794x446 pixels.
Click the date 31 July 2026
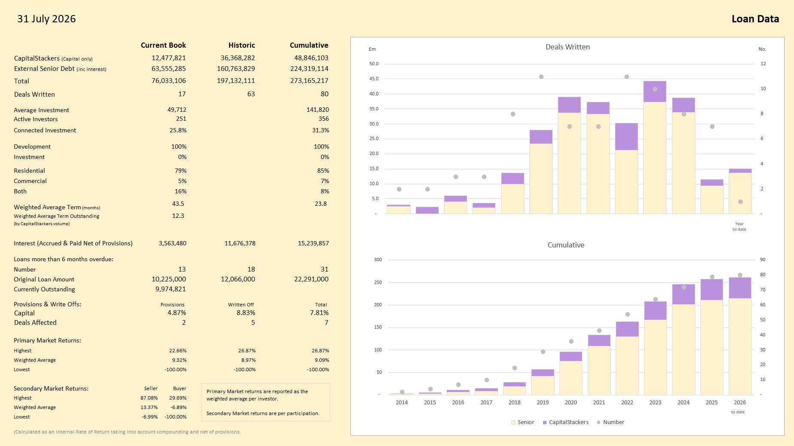click(x=46, y=19)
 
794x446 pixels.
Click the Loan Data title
click(x=755, y=19)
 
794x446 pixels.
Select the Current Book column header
click(x=163, y=45)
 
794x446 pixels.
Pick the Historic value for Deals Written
click(x=251, y=94)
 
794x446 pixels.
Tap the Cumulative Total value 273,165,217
click(x=309, y=81)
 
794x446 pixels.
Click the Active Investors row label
click(x=36, y=119)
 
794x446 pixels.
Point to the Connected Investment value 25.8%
click(x=178, y=130)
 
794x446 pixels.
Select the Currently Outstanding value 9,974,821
click(x=170, y=289)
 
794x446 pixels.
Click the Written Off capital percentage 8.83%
click(x=246, y=313)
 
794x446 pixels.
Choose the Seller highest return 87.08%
click(x=149, y=398)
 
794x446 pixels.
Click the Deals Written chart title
click(x=568, y=47)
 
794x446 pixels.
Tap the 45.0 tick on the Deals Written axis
click(x=374, y=79)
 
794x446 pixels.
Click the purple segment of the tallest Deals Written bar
click(x=655, y=92)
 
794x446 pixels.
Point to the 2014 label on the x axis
click(x=402, y=403)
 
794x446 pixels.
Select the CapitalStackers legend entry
click(x=566, y=422)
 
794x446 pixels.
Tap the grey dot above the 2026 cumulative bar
click(x=740, y=275)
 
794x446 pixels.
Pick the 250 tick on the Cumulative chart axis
click(x=378, y=283)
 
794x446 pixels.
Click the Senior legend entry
click(x=523, y=422)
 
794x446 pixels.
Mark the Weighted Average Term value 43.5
click(x=178, y=204)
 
